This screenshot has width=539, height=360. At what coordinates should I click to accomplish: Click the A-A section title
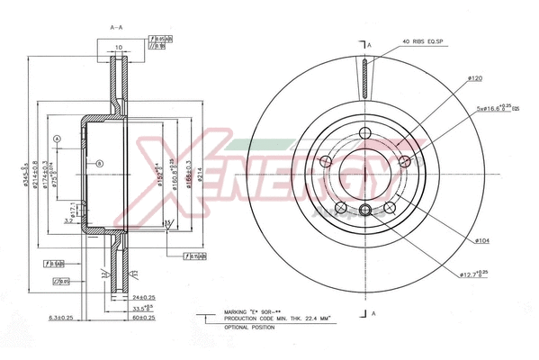116,28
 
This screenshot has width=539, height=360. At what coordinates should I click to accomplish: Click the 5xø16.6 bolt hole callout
499,109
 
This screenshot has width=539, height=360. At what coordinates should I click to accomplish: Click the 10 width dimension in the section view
119,61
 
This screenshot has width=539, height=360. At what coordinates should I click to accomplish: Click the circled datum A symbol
57,139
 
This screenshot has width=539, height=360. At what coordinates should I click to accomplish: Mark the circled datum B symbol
100,163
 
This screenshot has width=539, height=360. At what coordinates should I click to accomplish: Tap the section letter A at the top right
369,43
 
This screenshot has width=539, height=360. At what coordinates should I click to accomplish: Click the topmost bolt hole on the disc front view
364,135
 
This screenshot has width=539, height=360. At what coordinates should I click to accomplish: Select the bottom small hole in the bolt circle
364,211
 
